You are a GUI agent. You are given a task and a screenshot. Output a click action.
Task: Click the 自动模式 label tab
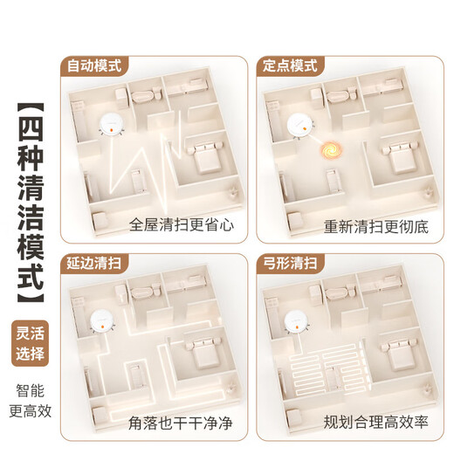[96, 65]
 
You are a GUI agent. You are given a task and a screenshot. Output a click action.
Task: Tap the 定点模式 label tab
[291, 65]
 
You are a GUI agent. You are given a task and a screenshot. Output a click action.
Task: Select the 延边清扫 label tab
[96, 261]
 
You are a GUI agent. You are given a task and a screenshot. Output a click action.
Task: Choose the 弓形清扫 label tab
[291, 261]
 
